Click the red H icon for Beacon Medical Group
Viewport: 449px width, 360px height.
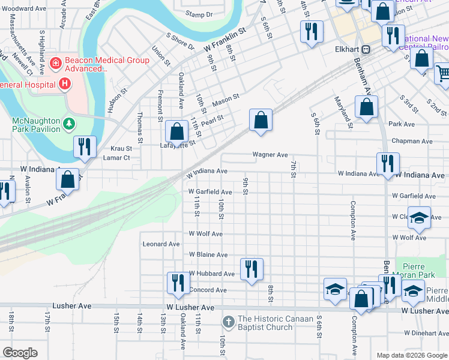56,62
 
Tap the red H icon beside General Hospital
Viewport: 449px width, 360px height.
64,84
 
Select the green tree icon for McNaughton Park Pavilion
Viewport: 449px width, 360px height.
70,124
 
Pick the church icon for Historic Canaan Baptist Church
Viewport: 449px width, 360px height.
228,322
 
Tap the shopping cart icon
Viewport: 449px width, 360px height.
443,73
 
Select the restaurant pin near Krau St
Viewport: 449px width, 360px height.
84,146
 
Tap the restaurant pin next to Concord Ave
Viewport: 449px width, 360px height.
177,283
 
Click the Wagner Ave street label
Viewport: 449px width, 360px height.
270,155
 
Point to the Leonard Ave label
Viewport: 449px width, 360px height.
161,244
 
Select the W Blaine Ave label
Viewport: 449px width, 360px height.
208,255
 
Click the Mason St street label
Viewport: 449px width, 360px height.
226,99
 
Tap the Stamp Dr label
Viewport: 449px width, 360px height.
199,14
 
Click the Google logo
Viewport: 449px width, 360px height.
20,352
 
